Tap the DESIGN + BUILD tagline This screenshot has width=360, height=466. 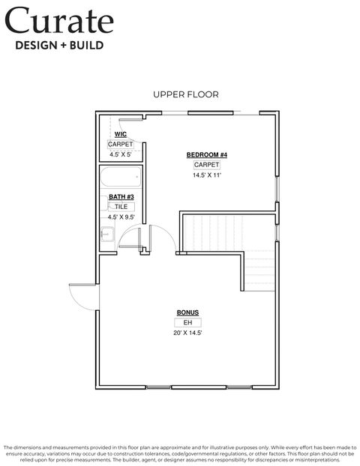tap(59, 46)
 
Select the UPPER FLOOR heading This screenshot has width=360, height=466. tap(186, 94)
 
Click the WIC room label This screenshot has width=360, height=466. tap(121, 134)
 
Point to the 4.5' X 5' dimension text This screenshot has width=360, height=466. tap(121, 154)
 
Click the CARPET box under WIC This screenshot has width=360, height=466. tap(121, 144)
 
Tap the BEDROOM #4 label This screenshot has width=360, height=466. tap(207, 154)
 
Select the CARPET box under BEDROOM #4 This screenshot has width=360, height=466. tap(207, 164)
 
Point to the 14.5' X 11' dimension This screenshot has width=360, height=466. tap(207, 175)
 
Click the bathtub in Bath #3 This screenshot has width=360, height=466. tap(121, 180)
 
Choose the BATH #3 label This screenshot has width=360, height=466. tap(121, 196)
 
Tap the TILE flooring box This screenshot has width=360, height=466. tap(121, 206)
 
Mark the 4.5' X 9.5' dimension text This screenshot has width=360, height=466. tap(121, 217)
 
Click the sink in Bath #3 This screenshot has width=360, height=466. tap(106, 236)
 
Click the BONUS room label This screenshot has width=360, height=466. tap(187, 312)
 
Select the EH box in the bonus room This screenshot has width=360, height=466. tap(187, 322)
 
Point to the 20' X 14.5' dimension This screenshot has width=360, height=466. tap(187, 333)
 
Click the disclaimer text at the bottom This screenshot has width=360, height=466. tap(180, 450)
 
